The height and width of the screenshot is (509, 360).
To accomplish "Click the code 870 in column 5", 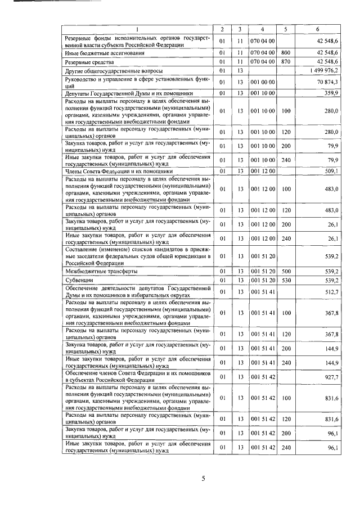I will (286, 61).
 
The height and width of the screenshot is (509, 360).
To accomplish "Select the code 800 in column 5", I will (286, 52).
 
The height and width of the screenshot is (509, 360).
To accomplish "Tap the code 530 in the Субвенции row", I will (286, 280).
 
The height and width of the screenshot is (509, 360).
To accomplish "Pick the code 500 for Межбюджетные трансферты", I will (286, 271).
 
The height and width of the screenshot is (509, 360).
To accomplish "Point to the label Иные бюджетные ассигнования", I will (105, 52).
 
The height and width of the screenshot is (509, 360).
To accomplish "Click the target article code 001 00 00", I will (263, 82).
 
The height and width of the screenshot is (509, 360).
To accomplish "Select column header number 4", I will (263, 29).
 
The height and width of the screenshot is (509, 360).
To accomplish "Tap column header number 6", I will (318, 29).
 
